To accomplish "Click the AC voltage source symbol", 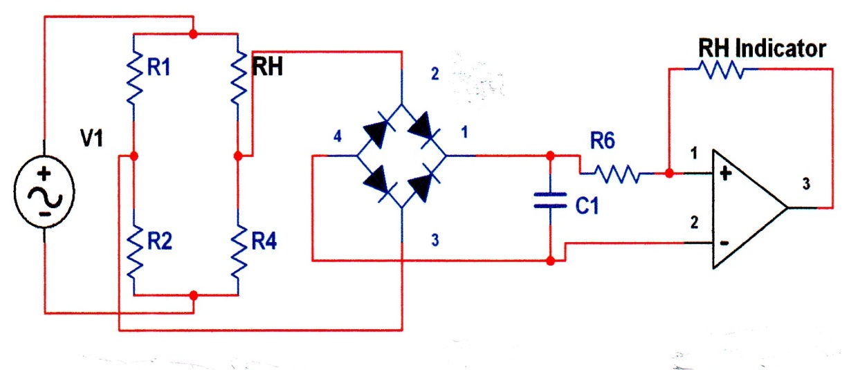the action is [x=44, y=192].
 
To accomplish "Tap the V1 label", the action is [x=92, y=138].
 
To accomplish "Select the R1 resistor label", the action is [x=158, y=67].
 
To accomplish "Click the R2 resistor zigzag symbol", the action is [x=134, y=252].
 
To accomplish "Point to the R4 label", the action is [x=264, y=241].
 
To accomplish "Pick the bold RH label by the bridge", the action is [x=268, y=66].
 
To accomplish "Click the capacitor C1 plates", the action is [x=550, y=201].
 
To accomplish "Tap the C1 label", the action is [x=587, y=205].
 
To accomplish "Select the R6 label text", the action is [x=603, y=140].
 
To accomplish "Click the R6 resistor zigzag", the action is [x=616, y=174].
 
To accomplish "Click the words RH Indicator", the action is [x=762, y=48].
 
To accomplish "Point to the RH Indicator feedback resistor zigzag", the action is [x=721, y=69].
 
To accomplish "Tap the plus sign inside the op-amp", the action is [x=725, y=174].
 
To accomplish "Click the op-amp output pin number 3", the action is [x=806, y=184].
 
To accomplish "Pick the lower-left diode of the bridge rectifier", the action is [x=378, y=183].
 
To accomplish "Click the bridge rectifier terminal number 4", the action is [x=338, y=136].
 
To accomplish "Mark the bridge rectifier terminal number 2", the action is [x=434, y=74].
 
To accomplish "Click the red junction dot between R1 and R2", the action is [x=134, y=156].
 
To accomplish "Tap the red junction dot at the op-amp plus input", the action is [x=669, y=174].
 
